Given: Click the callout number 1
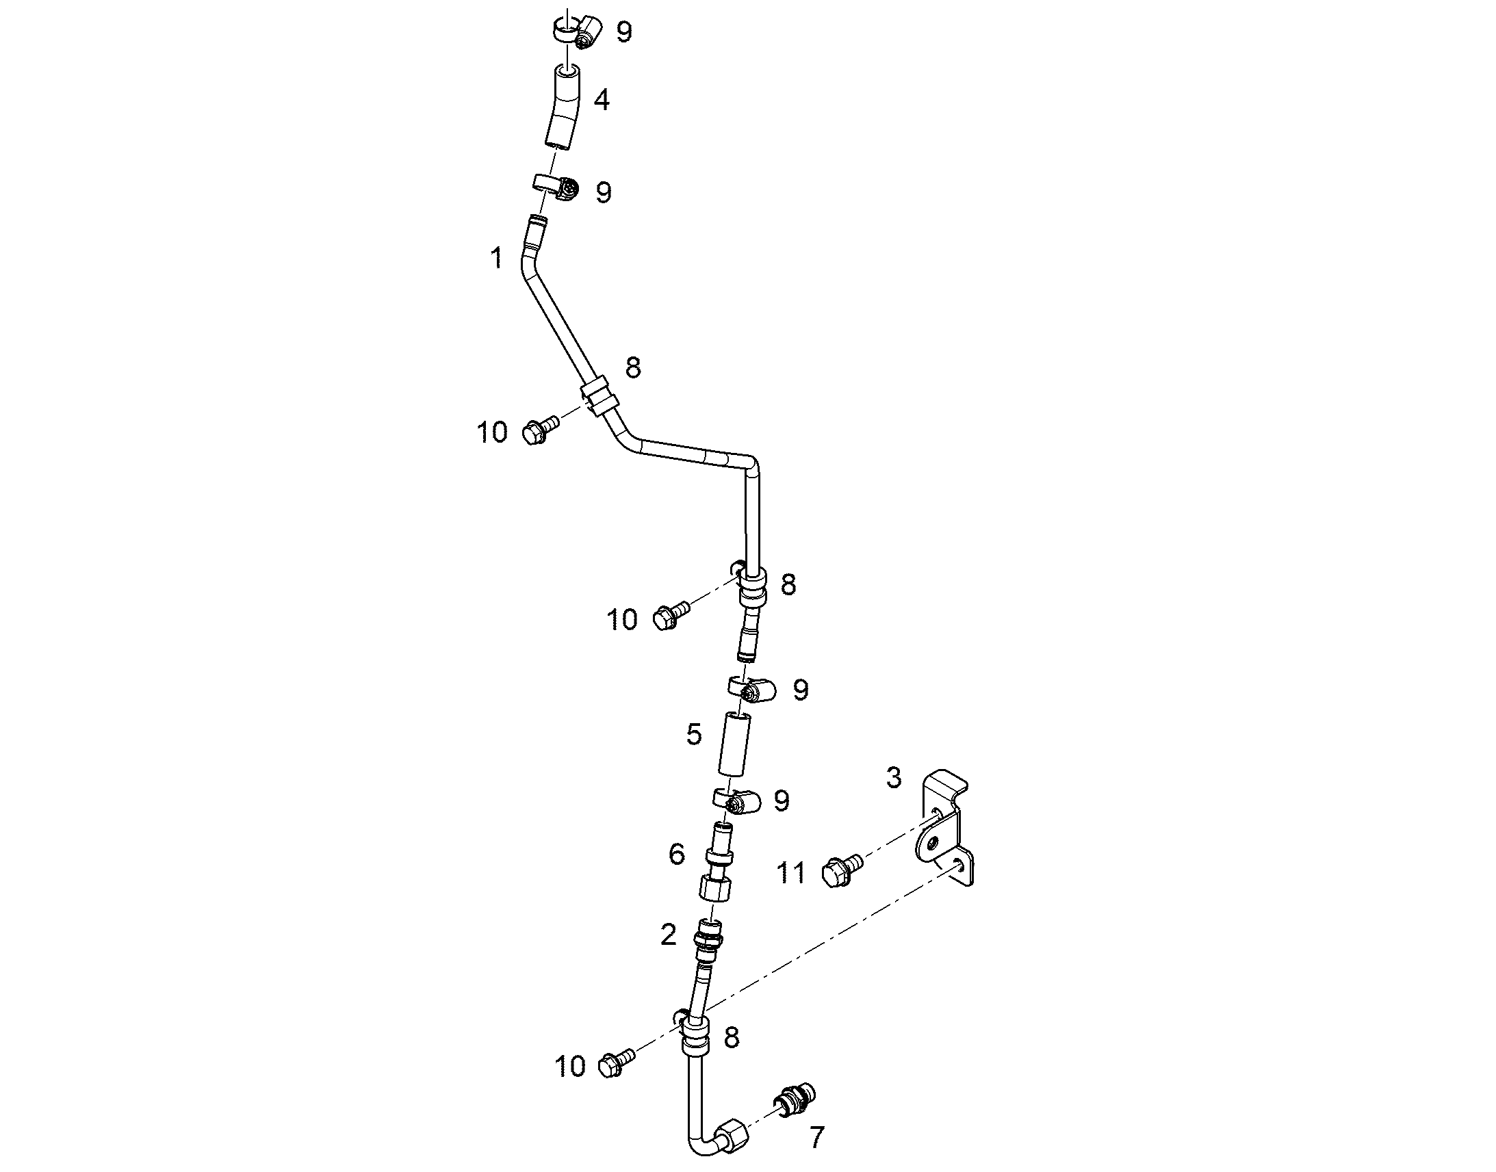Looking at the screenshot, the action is coord(497,259).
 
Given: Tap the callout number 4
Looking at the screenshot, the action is coord(601,100).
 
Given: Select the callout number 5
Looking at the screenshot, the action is coord(695,734).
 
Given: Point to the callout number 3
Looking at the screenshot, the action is coord(894,778).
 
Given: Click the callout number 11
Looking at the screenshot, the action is coord(790,874).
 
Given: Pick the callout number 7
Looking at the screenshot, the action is coord(816,1138).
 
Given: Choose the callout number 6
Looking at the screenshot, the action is coord(677,855).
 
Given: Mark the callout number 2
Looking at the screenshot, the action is coord(669,935).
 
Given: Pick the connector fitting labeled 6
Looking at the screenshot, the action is coord(717,862).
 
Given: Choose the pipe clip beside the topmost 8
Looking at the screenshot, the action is coord(599,396).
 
